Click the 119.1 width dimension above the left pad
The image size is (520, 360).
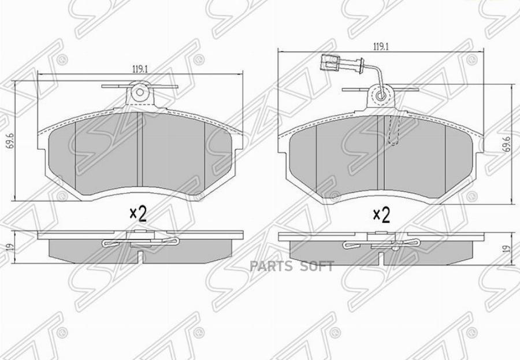click(x=140, y=70)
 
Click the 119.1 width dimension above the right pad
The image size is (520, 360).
click(x=381, y=47)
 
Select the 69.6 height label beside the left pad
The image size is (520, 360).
click(x=10, y=140)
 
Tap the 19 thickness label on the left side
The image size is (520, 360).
click(x=10, y=247)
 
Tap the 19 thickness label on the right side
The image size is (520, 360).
click(x=506, y=249)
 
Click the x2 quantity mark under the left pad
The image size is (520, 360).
click(x=138, y=215)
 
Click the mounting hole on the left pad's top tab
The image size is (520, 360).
click(x=140, y=92)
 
